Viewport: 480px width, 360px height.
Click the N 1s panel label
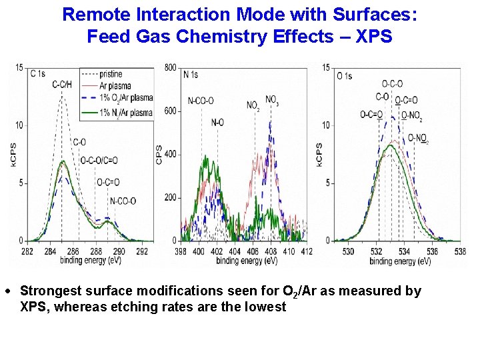click(191, 75)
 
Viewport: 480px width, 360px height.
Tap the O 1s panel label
click(345, 76)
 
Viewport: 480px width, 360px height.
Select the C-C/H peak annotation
click(63, 83)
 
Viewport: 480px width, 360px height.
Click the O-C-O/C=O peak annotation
click(99, 160)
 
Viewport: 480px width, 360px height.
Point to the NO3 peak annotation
click(272, 100)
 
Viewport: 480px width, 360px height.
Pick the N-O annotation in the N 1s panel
click(217, 123)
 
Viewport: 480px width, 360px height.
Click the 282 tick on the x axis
click(27, 251)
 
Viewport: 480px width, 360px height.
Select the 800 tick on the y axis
click(170, 67)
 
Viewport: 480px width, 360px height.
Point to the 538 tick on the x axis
click(459, 251)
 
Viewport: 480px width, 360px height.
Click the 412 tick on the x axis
click(307, 251)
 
